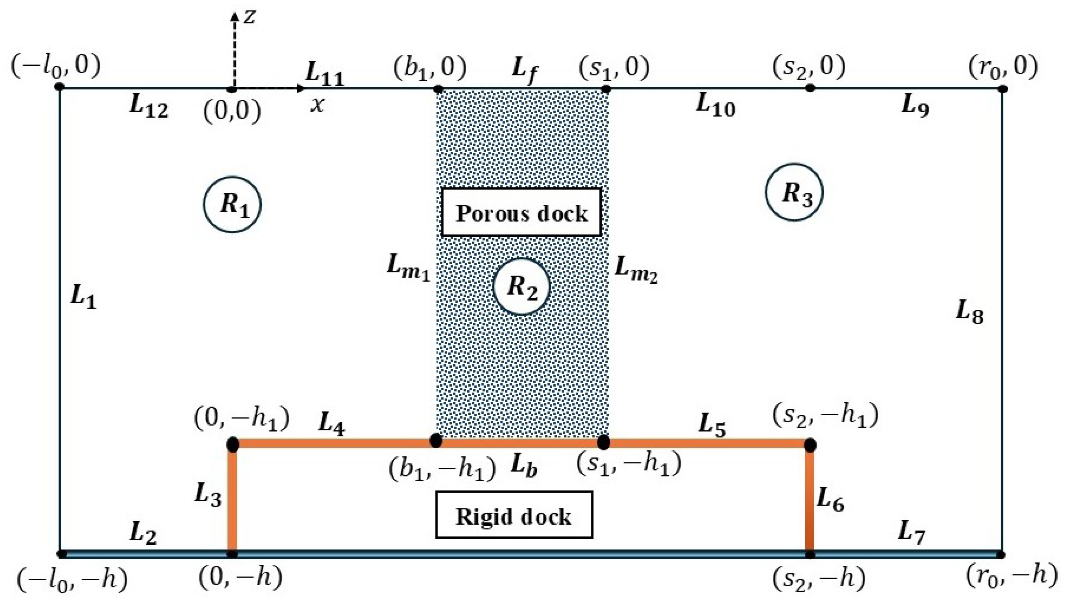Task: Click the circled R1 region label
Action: tap(232, 205)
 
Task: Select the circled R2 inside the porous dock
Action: tap(521, 287)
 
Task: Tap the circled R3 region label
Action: tap(794, 193)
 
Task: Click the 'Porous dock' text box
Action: tap(521, 213)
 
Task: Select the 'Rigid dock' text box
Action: tap(514, 515)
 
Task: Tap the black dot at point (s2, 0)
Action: tap(810, 88)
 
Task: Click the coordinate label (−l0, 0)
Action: tap(56, 66)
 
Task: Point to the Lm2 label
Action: tap(635, 270)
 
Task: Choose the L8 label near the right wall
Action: tap(970, 312)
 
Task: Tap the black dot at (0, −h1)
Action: tap(233, 444)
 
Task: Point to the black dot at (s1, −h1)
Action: tap(604, 442)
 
